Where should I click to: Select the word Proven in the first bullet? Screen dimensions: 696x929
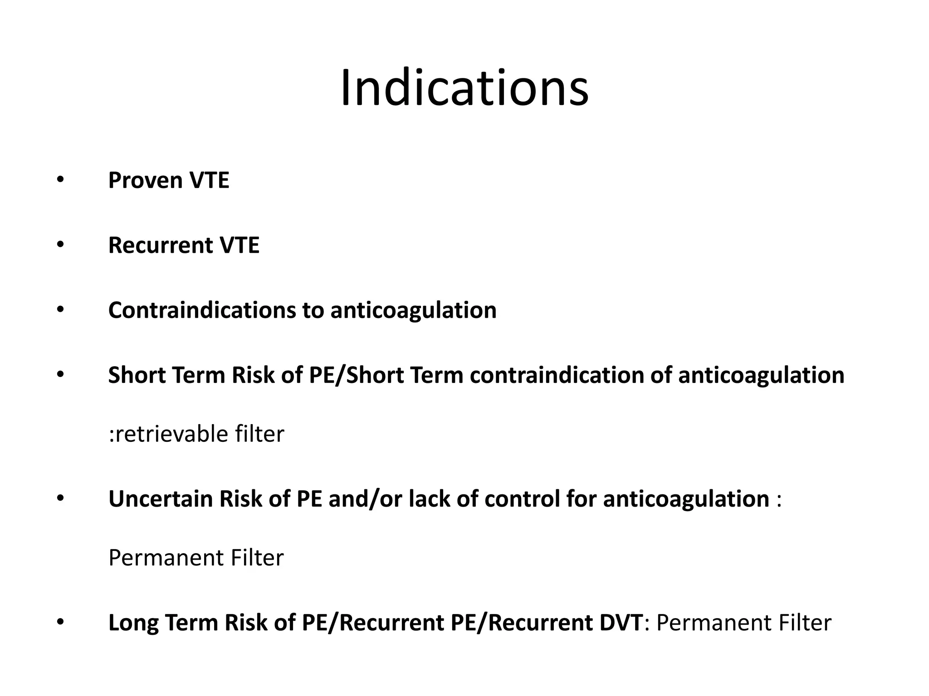coord(145,180)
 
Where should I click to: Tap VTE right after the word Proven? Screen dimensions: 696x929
coord(209,180)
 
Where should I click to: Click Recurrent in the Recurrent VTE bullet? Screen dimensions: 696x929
coord(160,245)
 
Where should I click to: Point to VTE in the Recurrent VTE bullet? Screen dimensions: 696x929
coord(239,245)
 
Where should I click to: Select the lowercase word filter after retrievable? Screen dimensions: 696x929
coord(259,434)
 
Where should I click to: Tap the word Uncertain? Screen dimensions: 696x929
coord(160,499)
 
